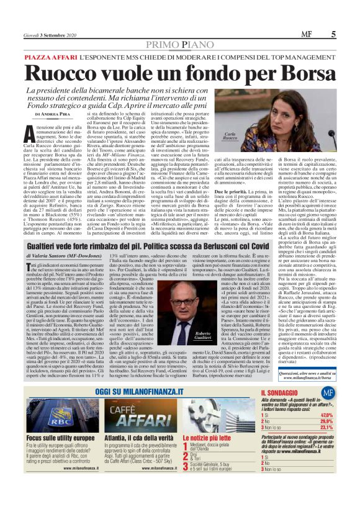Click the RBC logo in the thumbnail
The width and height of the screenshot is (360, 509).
pos(41,416)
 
